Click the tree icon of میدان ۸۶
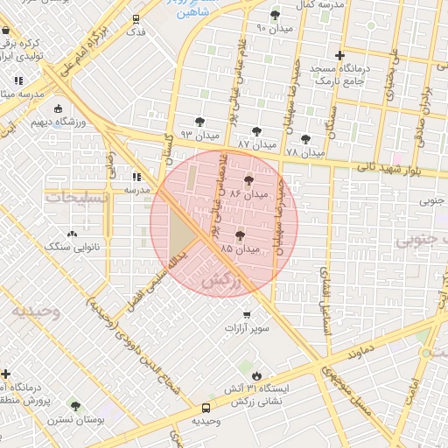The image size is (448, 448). tap(249, 179)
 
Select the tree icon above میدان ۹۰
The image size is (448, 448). tap(276, 15)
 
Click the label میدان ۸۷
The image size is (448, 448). tap(256, 143)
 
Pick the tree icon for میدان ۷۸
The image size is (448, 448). tap(305, 138)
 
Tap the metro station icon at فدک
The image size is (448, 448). tap(136, 18)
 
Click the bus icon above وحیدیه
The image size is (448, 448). tap(206, 408)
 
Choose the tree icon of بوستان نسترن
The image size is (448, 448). tap(75, 407)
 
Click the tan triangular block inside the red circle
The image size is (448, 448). tap(181, 234)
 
